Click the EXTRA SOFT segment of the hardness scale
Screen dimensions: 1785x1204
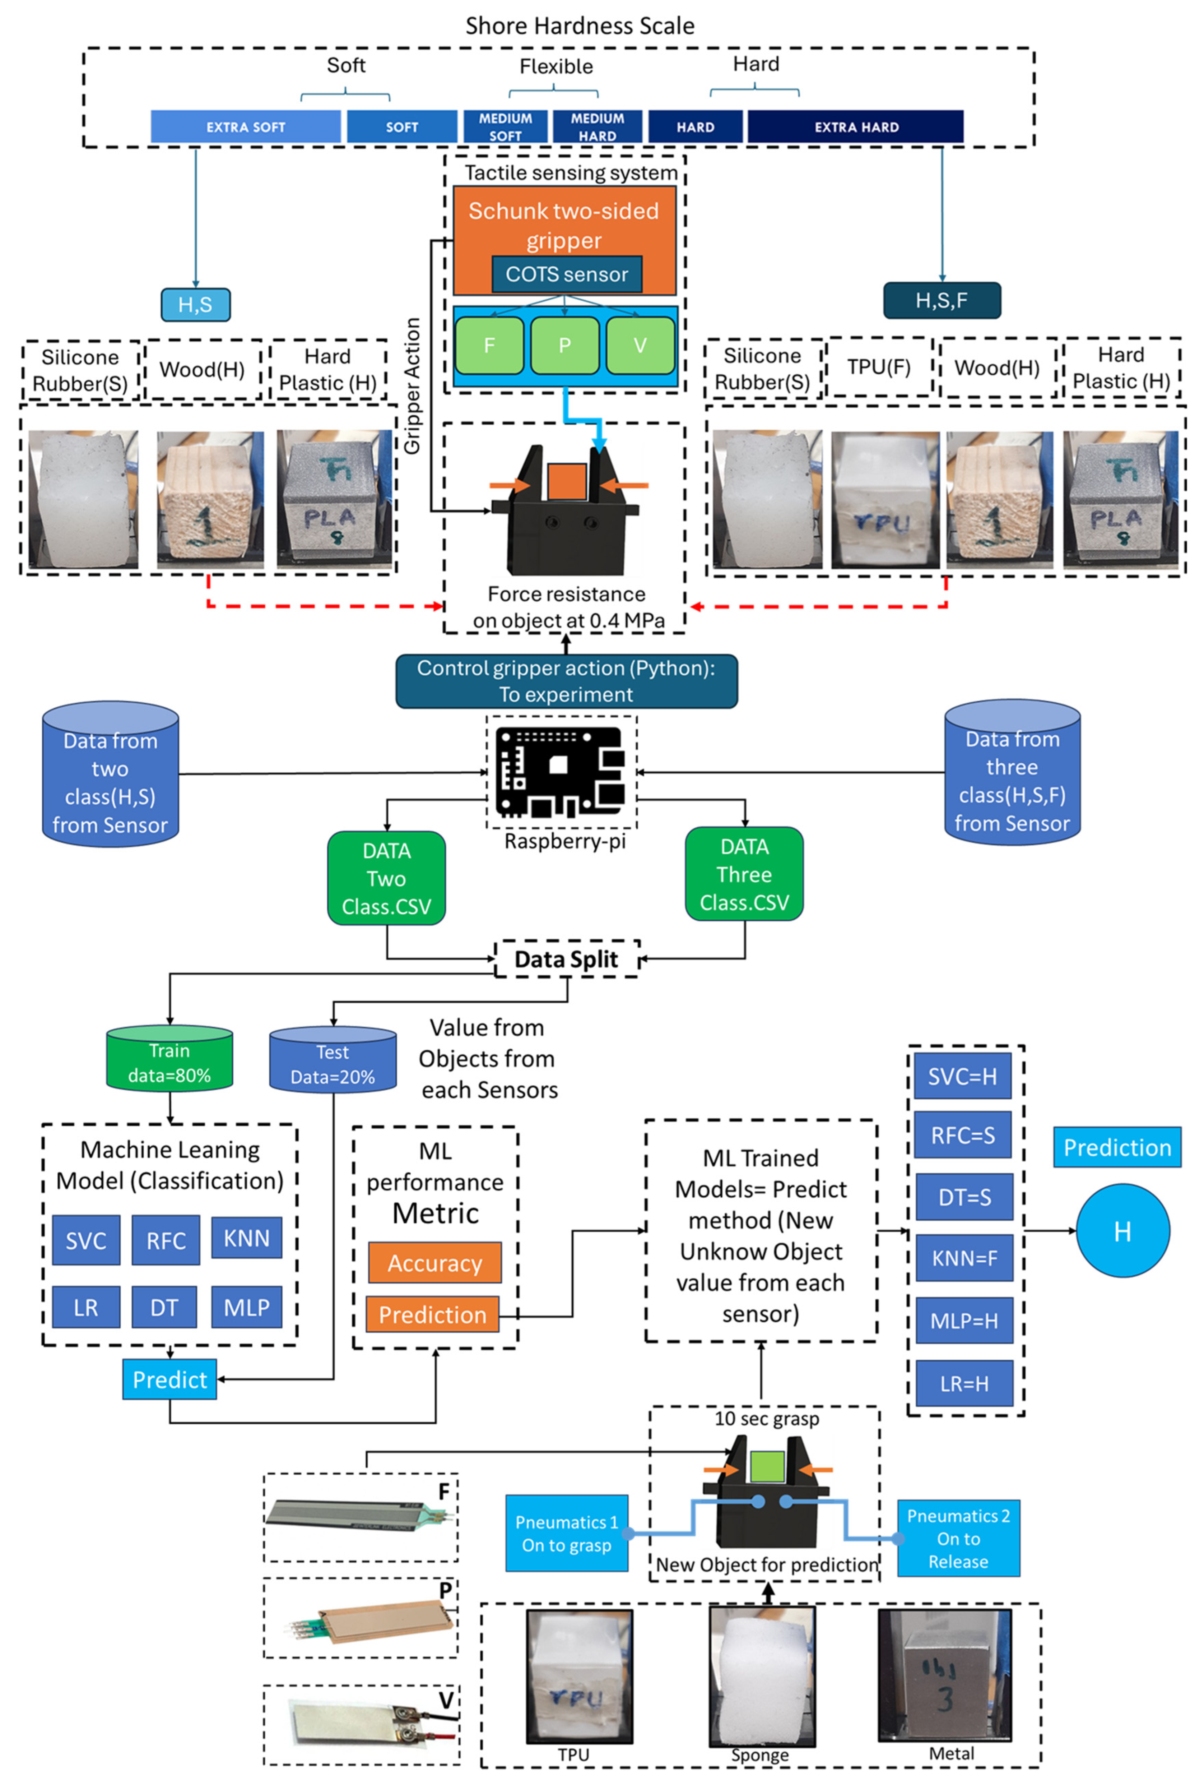coord(246,127)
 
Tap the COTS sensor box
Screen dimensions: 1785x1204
coord(567,274)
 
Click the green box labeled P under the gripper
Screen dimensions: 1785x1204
coord(564,346)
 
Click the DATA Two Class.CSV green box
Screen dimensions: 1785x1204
coord(386,878)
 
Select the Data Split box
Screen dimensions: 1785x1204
coord(567,959)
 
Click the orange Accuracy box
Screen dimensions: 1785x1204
coord(434,1263)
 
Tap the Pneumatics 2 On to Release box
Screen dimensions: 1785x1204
coord(958,1539)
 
